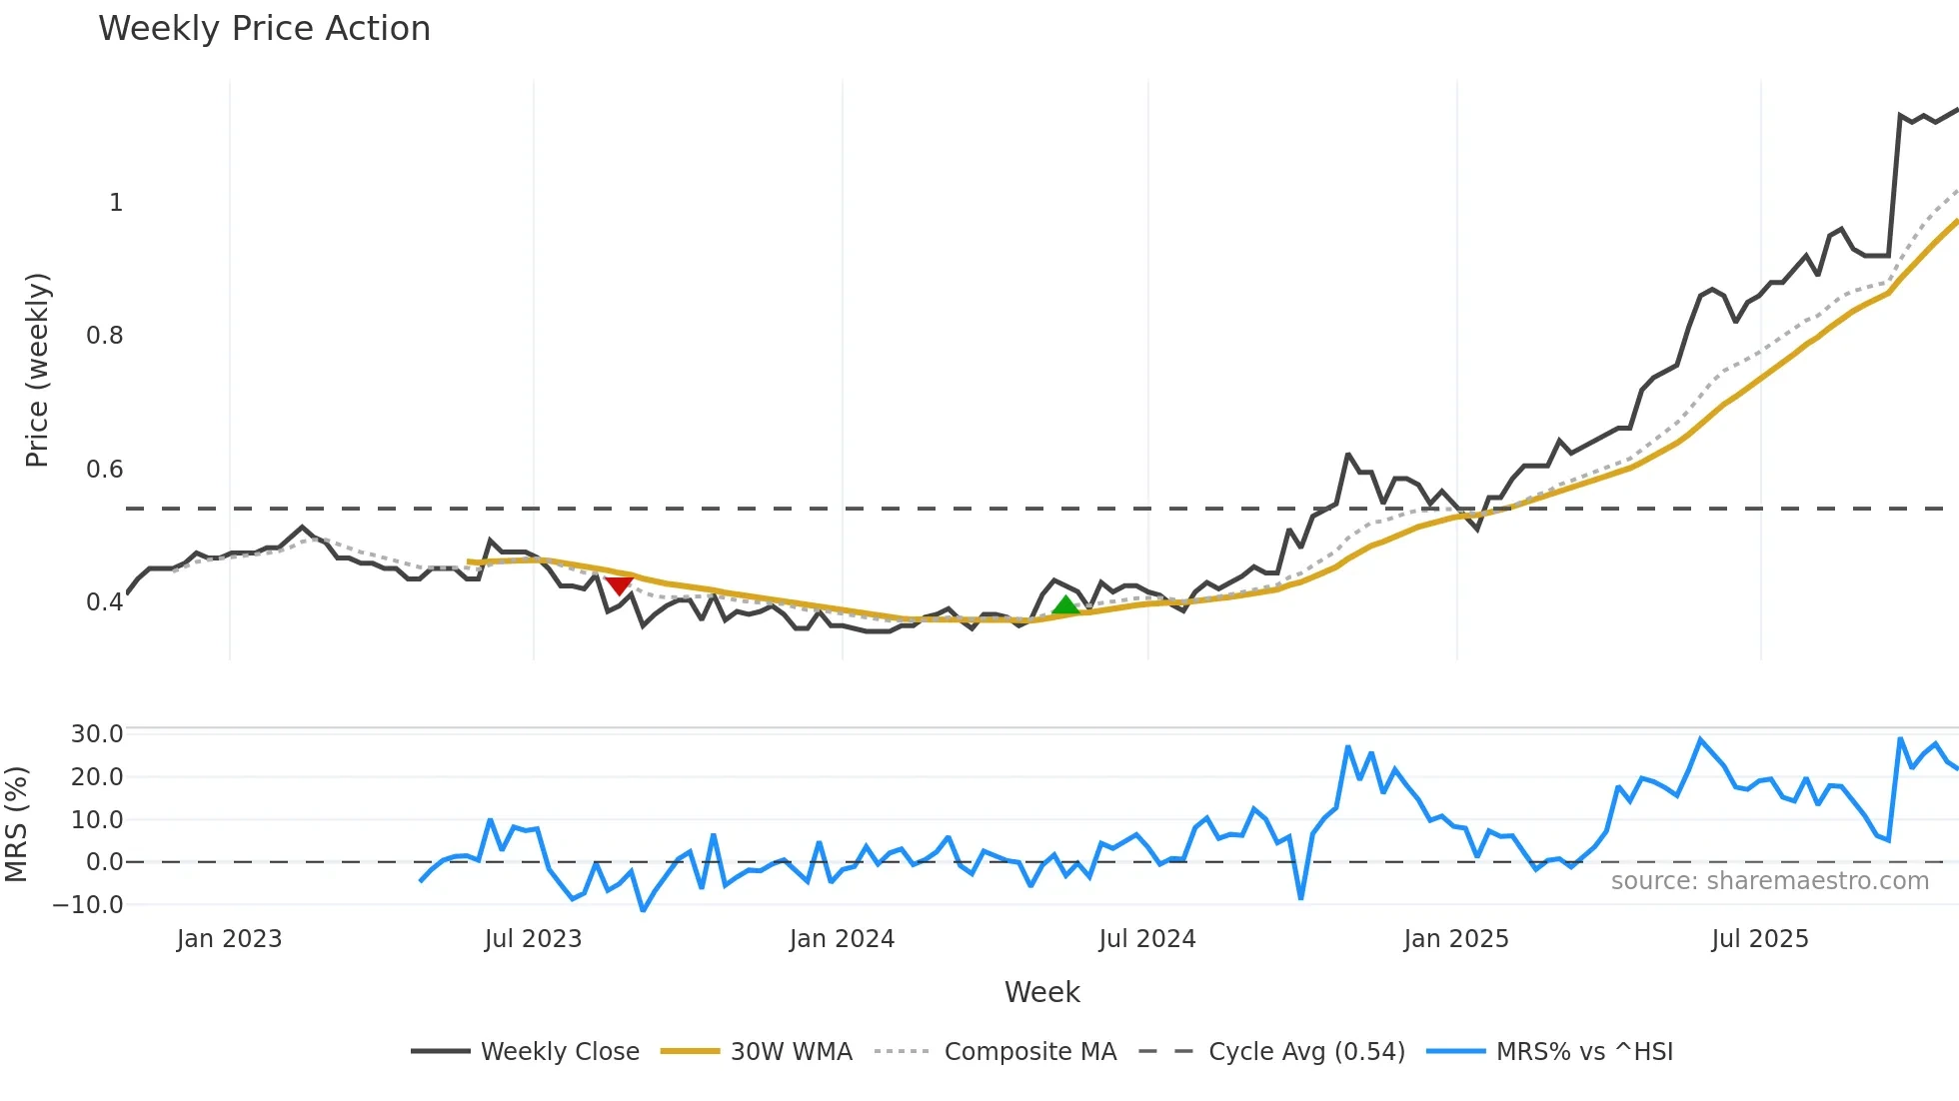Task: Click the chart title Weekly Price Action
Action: click(264, 29)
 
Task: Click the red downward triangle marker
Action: click(619, 584)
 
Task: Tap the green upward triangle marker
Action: click(1065, 604)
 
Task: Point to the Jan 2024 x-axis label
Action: click(842, 939)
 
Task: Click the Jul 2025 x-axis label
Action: click(1759, 939)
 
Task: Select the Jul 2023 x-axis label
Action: click(533, 939)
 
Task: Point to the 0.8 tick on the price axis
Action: click(105, 336)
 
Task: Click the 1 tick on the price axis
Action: click(116, 203)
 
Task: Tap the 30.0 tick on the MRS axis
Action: click(97, 734)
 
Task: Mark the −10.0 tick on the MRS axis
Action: click(88, 905)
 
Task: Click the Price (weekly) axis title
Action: click(37, 370)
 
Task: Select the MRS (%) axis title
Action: click(16, 824)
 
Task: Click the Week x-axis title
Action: click(1041, 992)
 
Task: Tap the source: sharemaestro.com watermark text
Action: click(1769, 881)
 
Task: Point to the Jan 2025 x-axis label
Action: click(1455, 939)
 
